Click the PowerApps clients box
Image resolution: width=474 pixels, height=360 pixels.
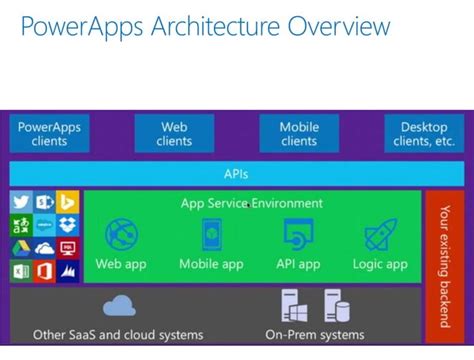(x=48, y=134)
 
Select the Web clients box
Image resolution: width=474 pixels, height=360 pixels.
(x=175, y=134)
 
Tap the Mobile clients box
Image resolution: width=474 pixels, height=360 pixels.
(x=299, y=134)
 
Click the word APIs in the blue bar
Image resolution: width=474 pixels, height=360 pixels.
(x=236, y=173)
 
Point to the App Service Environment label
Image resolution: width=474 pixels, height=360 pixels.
(x=252, y=203)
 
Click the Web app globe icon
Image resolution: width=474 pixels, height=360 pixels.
(x=121, y=235)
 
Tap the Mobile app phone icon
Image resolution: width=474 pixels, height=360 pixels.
(x=212, y=235)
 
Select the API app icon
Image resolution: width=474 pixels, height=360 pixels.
(x=299, y=235)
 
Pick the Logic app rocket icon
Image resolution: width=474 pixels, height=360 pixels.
(x=380, y=235)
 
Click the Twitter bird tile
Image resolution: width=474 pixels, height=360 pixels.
(x=21, y=201)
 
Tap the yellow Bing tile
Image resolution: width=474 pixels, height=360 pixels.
(x=68, y=201)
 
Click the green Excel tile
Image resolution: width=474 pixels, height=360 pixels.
(x=21, y=271)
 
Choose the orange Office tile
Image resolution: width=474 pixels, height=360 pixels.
(x=45, y=271)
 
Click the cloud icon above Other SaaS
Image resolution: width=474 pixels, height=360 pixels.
(x=119, y=305)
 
